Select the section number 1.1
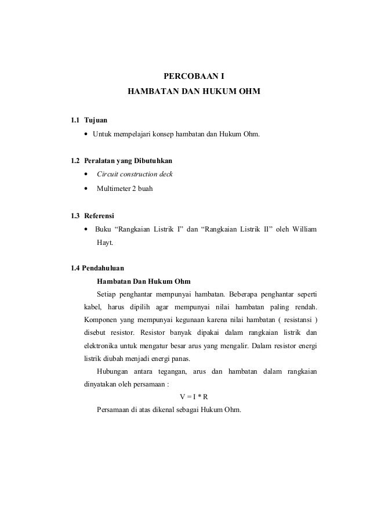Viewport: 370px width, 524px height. tap(74, 120)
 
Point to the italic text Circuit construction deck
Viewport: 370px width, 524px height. tap(135, 174)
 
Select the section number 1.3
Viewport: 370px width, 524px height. tap(74, 216)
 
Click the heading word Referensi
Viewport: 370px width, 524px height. tap(99, 216)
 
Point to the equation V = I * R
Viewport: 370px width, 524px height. tap(193, 396)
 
